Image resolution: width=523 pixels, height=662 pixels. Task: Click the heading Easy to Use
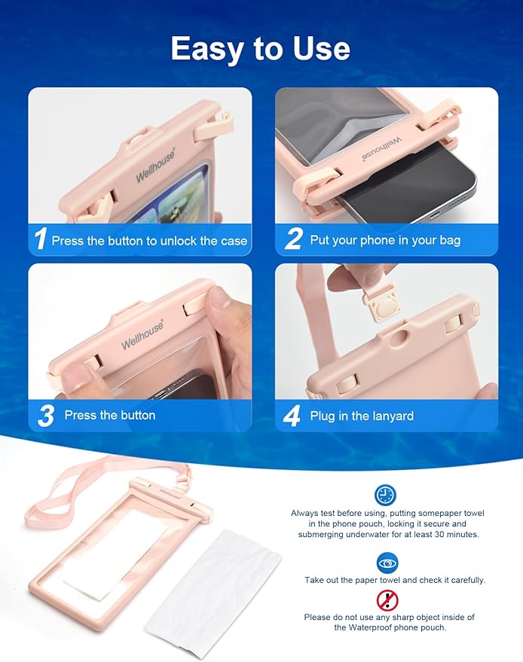click(261, 49)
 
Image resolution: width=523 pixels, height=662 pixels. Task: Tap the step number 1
click(41, 240)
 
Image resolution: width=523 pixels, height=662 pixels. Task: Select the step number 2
click(293, 240)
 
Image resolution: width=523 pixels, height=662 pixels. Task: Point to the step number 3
click(45, 416)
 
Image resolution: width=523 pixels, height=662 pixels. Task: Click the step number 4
click(294, 416)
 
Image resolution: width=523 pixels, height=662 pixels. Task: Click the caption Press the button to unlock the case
click(149, 241)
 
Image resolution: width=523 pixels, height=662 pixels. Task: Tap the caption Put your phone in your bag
click(385, 241)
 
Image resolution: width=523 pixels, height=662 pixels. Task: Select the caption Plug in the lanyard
click(362, 416)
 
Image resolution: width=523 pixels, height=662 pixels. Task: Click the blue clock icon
click(385, 495)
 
